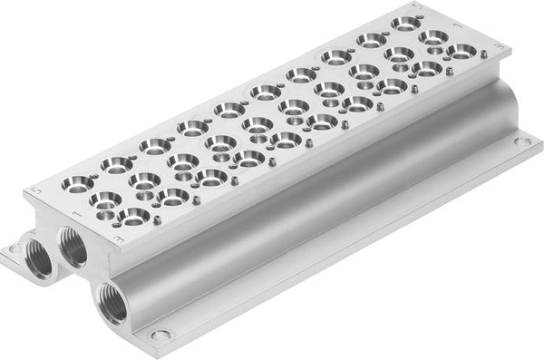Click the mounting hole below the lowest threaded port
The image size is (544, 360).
click(161, 333)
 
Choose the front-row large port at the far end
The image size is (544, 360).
click(461, 51)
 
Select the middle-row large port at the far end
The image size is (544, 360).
click(432, 36)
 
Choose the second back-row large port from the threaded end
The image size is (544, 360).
click(118, 163)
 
